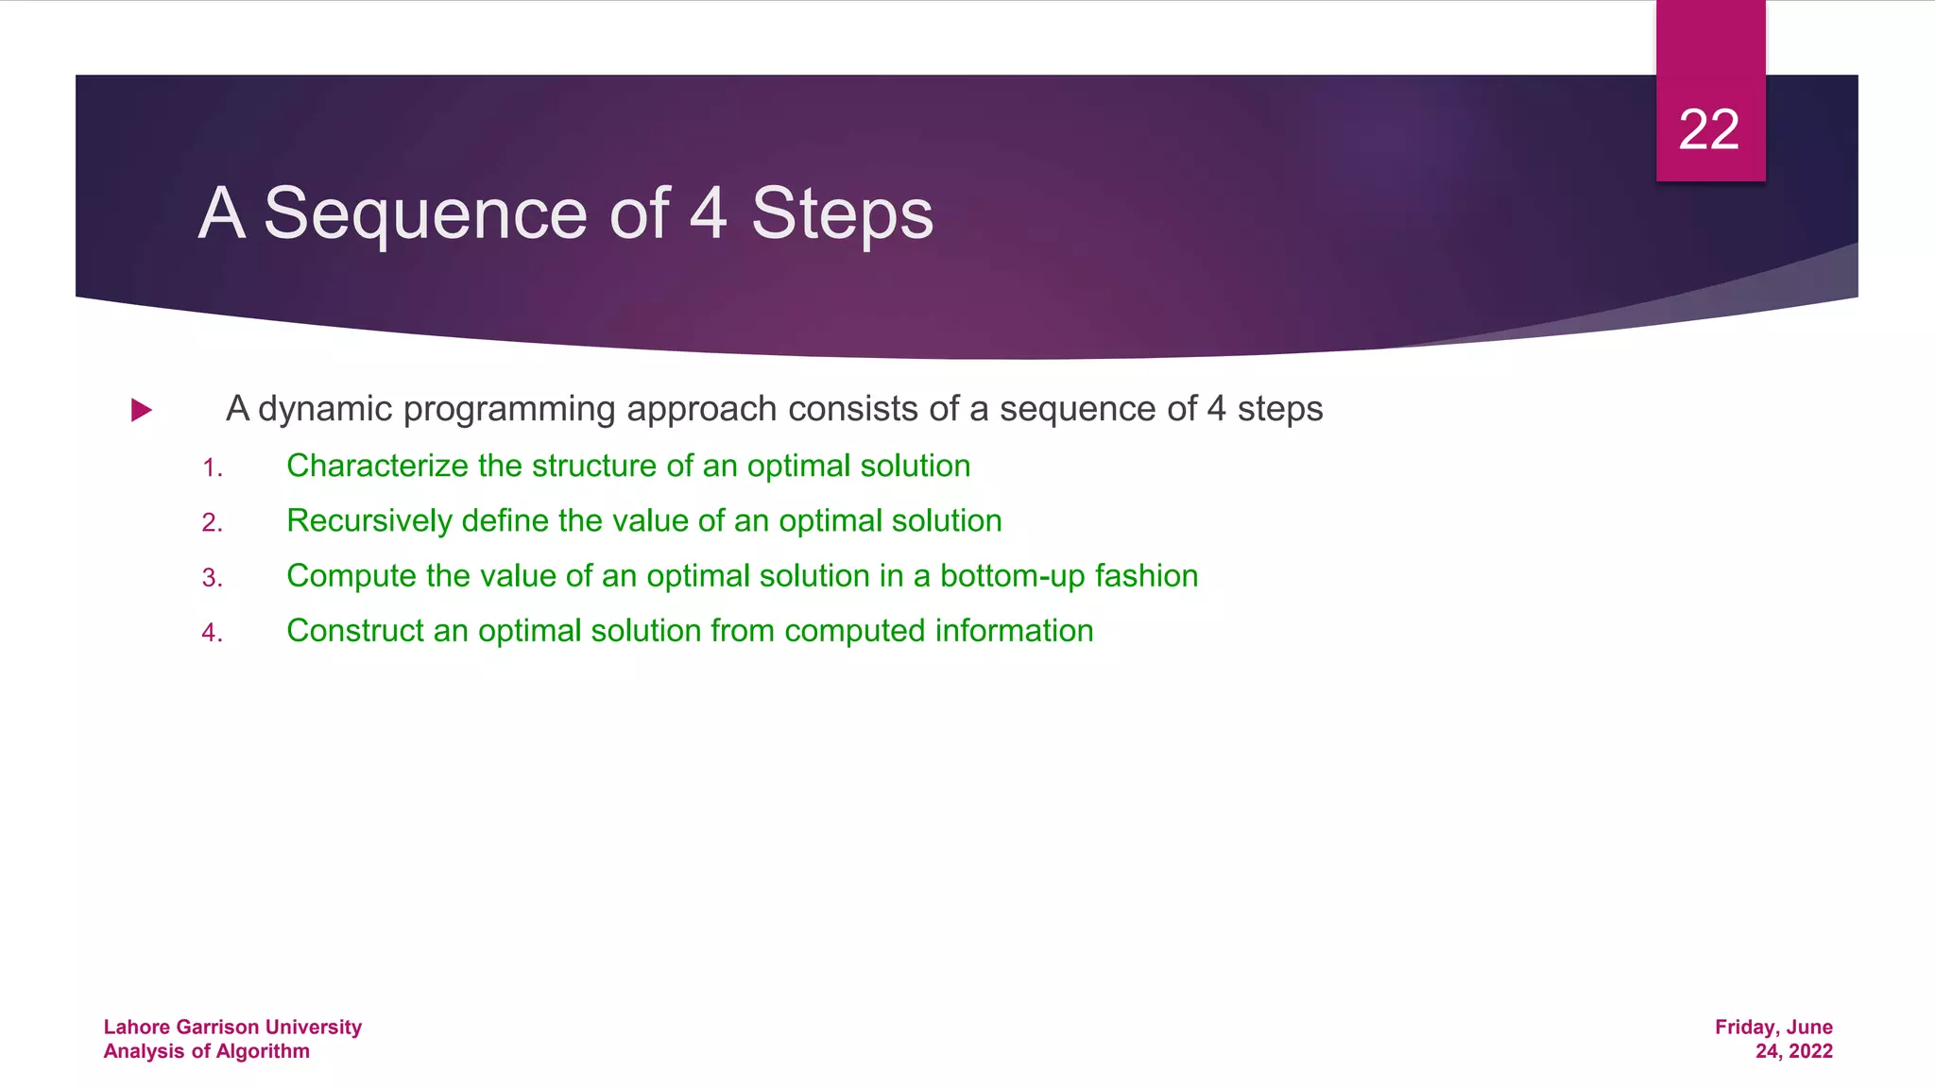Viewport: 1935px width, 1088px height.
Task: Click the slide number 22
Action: coord(1708,129)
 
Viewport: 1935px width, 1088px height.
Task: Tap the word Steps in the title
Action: coord(842,214)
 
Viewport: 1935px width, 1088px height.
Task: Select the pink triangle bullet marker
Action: coord(142,410)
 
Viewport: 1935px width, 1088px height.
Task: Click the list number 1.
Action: coord(212,467)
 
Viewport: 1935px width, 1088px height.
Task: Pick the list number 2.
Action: coord(212,522)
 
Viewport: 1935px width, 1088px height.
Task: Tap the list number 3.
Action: coord(212,577)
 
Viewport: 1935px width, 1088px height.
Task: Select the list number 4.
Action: coord(212,632)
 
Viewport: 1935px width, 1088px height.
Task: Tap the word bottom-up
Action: coord(1012,576)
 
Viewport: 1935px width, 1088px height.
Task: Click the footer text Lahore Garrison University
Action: coord(232,1027)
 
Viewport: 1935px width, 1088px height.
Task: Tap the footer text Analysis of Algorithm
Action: coord(206,1051)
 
